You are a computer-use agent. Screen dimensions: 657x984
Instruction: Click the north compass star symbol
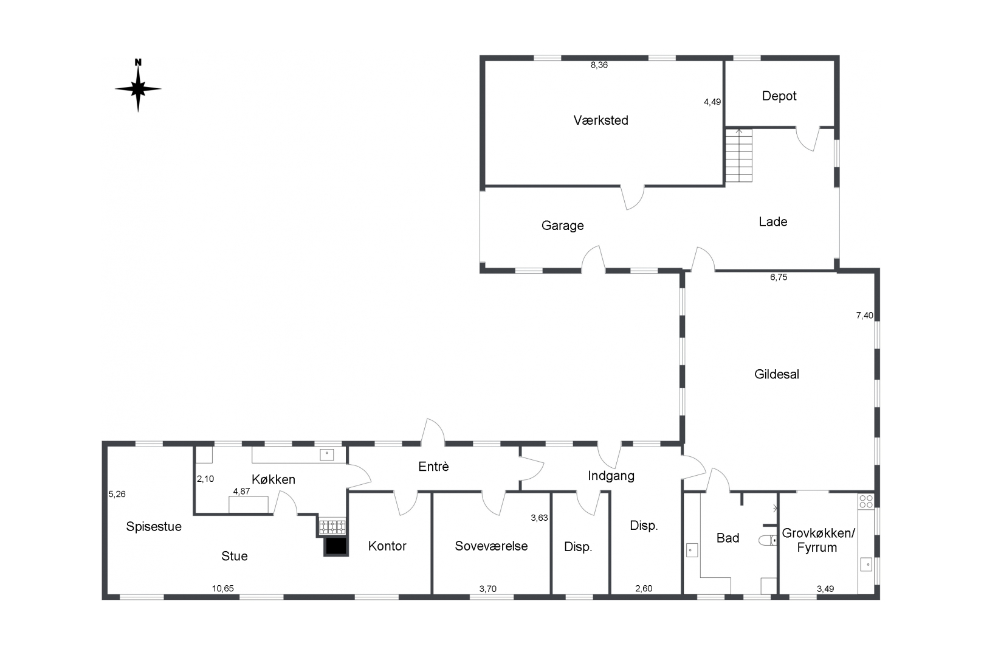click(x=138, y=89)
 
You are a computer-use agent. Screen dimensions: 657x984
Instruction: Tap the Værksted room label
click(x=600, y=120)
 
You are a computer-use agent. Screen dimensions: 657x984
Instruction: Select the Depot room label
click(x=779, y=96)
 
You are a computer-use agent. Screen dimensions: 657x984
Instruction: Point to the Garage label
click(x=562, y=226)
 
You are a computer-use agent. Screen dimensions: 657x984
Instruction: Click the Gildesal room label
click(x=776, y=375)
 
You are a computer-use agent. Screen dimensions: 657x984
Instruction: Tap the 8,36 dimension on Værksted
click(x=599, y=65)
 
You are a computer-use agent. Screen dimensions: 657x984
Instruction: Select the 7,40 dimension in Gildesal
click(x=864, y=315)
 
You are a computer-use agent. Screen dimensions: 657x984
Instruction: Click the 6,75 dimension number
click(x=779, y=277)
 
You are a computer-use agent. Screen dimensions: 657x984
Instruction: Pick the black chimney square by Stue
click(x=335, y=546)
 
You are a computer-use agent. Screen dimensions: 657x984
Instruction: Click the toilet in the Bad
click(x=767, y=540)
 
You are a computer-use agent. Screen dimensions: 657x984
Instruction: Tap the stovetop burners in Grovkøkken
click(x=866, y=501)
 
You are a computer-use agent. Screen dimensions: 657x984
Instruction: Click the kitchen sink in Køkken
click(x=327, y=454)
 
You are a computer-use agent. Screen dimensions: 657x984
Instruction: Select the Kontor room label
click(x=387, y=546)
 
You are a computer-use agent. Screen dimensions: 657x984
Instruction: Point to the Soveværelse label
click(x=491, y=546)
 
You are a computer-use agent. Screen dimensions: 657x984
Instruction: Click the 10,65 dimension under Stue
click(x=222, y=588)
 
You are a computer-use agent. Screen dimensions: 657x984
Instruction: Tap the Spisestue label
click(x=154, y=527)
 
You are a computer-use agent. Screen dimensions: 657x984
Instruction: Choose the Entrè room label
click(x=433, y=467)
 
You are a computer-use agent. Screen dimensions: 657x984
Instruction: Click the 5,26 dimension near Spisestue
click(x=117, y=494)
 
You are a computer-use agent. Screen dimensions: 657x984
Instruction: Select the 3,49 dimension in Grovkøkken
click(x=825, y=588)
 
